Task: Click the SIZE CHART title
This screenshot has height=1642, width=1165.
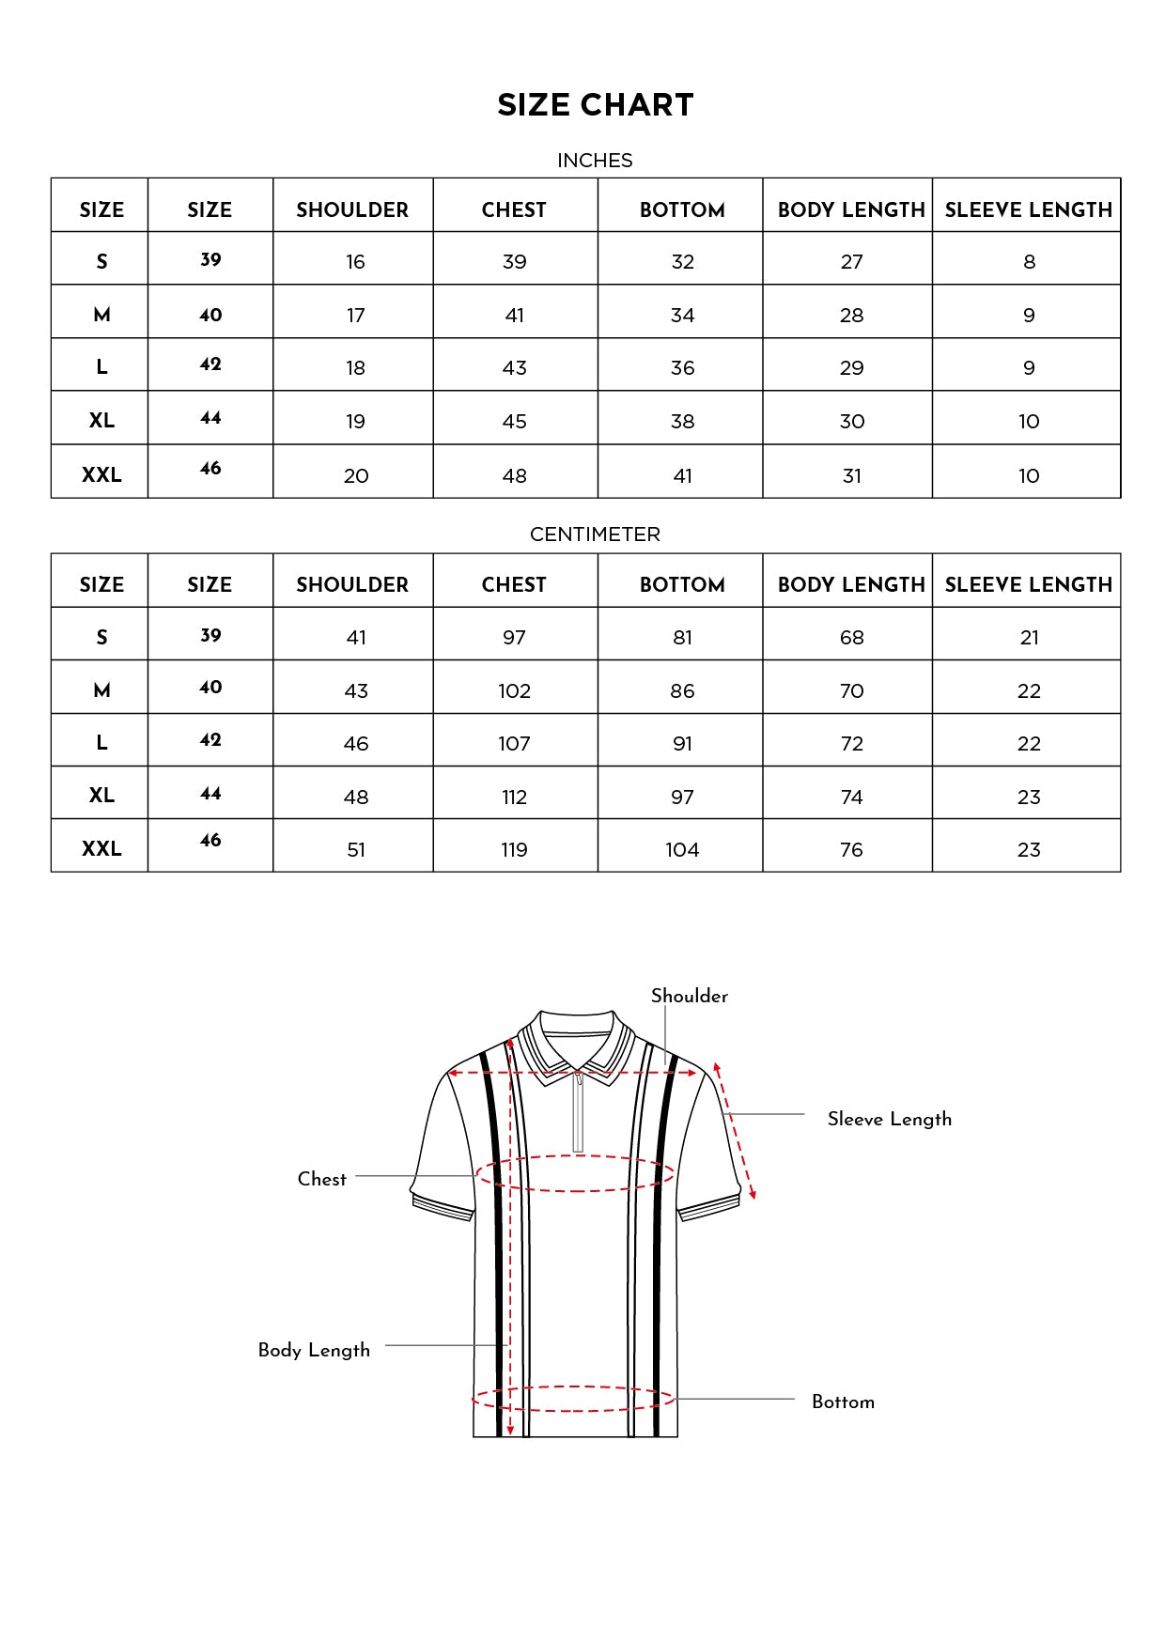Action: click(595, 105)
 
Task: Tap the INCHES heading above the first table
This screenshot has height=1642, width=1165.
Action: click(595, 161)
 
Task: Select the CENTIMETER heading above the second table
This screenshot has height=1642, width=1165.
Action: click(595, 534)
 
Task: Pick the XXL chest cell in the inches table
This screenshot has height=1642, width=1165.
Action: click(514, 476)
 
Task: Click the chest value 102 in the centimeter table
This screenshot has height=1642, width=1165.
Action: click(514, 691)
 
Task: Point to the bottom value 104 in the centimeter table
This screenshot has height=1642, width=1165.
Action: click(682, 850)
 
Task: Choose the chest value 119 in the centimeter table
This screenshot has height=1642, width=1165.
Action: click(514, 850)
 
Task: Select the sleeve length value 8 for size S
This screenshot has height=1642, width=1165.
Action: click(1029, 262)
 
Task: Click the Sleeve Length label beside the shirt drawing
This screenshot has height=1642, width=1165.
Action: click(889, 1119)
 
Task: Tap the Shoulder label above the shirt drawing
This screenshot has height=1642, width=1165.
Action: click(689, 996)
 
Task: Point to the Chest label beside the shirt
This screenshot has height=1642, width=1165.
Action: click(321, 1179)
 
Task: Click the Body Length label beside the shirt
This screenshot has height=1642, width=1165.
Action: click(314, 1350)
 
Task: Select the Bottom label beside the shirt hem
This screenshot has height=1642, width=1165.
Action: click(843, 1402)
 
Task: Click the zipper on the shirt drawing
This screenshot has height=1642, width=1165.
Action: click(579, 1113)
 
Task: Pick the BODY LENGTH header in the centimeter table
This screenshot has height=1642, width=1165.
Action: click(851, 584)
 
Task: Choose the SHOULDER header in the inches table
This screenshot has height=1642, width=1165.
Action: click(352, 209)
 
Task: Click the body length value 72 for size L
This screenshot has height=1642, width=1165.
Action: click(851, 744)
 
